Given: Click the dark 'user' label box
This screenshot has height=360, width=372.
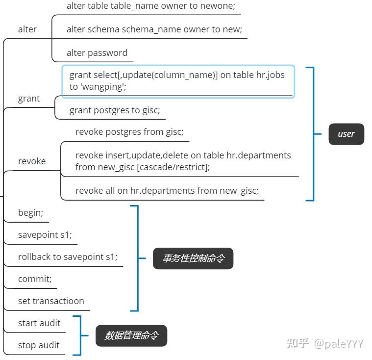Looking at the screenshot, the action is click(x=346, y=134).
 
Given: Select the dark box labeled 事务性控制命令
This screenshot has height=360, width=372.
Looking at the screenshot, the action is click(x=193, y=258).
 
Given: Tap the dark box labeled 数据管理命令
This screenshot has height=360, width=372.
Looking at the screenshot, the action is click(x=131, y=335).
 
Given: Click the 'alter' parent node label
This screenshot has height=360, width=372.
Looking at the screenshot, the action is click(x=27, y=29).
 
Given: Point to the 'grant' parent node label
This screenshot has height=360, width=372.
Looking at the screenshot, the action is click(x=29, y=99).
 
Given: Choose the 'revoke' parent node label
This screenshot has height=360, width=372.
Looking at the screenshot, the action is click(x=32, y=161).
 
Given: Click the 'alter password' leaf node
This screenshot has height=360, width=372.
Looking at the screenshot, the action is click(x=97, y=53).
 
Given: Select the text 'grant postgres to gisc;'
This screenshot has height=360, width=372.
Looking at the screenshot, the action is click(x=115, y=110).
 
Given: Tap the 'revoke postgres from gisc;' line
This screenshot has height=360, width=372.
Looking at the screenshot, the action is click(x=129, y=132).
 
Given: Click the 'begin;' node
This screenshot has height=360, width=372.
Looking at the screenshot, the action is click(x=30, y=213).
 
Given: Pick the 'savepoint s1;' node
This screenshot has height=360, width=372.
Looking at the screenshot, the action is click(x=45, y=235).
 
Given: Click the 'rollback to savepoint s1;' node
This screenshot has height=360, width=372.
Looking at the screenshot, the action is click(x=68, y=257).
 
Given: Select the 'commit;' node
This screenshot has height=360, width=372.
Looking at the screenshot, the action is click(x=35, y=279).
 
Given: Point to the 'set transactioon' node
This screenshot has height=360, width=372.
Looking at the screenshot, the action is click(x=51, y=301).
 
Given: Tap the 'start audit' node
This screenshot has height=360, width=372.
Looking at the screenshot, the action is click(x=39, y=323).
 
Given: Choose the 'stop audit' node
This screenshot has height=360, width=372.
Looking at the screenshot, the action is click(x=39, y=345).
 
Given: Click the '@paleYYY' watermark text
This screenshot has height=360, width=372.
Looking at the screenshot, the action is click(x=339, y=344).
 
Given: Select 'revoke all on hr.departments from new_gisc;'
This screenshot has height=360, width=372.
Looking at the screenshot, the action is click(x=167, y=191).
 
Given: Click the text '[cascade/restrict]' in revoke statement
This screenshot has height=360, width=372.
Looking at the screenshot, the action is click(x=173, y=167).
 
